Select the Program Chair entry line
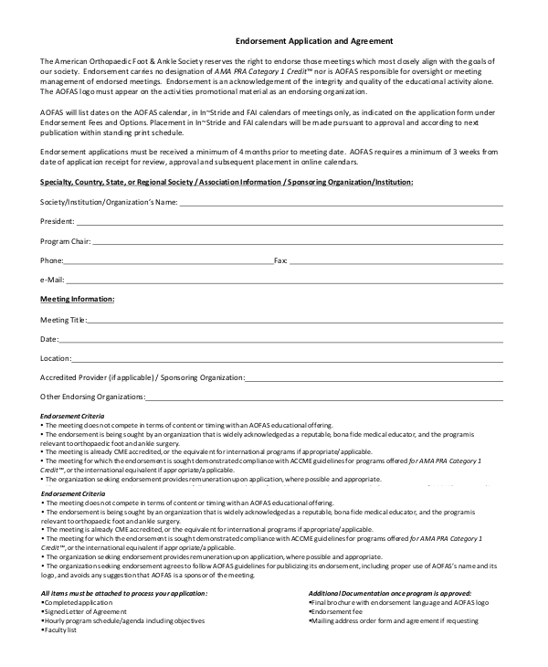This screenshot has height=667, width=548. click(298, 244)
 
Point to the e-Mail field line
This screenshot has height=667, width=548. click(284, 281)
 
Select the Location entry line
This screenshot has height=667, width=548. click(288, 359)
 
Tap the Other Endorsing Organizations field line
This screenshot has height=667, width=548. click(324, 397)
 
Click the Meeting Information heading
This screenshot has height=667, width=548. click(78, 299)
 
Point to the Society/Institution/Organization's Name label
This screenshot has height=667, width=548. click(109, 202)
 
